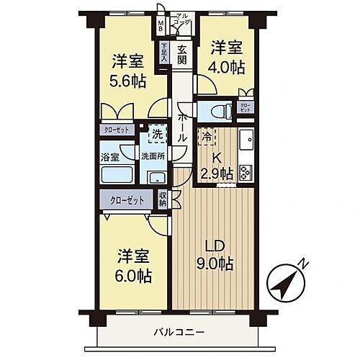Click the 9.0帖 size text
[x=215, y=265]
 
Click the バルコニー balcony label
[x=179, y=332]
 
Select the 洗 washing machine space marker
[x=156, y=133]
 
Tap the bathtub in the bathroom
[x=116, y=175]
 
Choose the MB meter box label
[x=162, y=24]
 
